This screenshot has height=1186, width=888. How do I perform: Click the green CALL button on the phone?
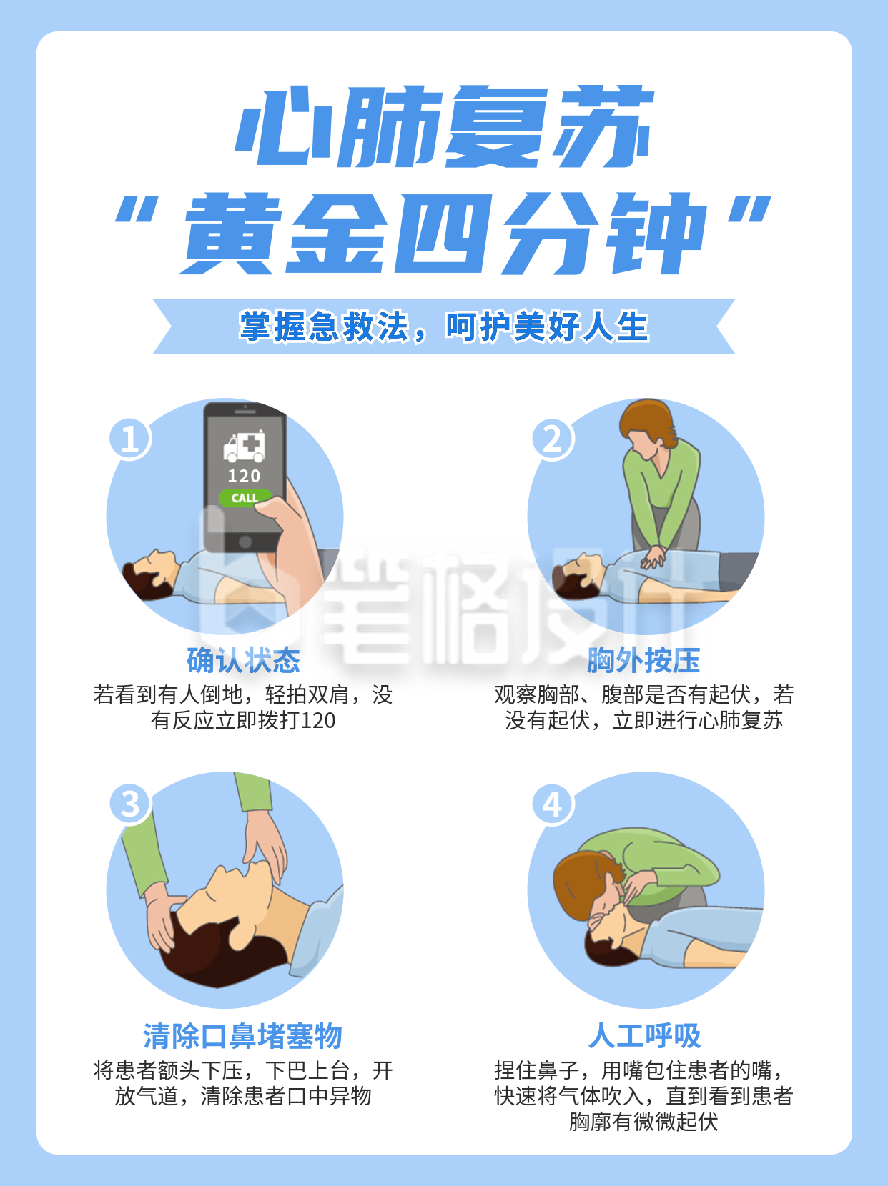pos(245,497)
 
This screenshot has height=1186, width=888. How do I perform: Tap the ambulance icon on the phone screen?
pos(245,447)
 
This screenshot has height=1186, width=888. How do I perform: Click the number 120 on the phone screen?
pos(244,476)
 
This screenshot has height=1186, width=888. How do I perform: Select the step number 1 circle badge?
pos(130,438)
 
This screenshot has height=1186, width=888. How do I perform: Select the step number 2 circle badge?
pos(553,438)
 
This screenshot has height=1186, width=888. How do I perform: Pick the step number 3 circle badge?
pos(130,804)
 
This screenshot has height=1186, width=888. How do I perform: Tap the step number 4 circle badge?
pos(553,804)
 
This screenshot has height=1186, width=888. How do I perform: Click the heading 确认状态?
pos(243,660)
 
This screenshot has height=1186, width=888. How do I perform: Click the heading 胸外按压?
pos(643,660)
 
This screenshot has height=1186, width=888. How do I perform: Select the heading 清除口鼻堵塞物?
pos(243,1035)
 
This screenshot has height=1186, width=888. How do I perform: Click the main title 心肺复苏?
pos(443,127)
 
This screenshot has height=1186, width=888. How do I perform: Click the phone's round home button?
pos(245,542)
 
